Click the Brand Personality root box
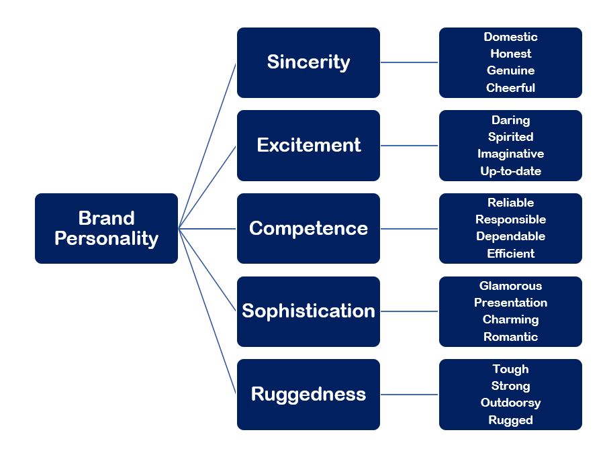click(x=106, y=228)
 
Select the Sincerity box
click(x=308, y=62)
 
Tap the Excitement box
click(x=308, y=146)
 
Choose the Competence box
click(x=308, y=228)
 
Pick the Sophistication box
click(x=308, y=311)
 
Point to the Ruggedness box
click(x=308, y=394)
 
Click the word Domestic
click(x=510, y=37)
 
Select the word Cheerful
click(x=510, y=88)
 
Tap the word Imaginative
click(x=510, y=154)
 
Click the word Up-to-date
click(x=510, y=171)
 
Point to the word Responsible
click(x=510, y=219)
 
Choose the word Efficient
click(x=510, y=254)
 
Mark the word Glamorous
click(x=510, y=286)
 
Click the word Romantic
click(x=510, y=337)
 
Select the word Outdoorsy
click(x=510, y=403)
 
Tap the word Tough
click(x=510, y=369)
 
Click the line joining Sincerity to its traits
click(x=410, y=62)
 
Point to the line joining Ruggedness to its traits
click(x=410, y=395)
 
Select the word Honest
click(x=510, y=54)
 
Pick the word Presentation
click(x=510, y=303)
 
